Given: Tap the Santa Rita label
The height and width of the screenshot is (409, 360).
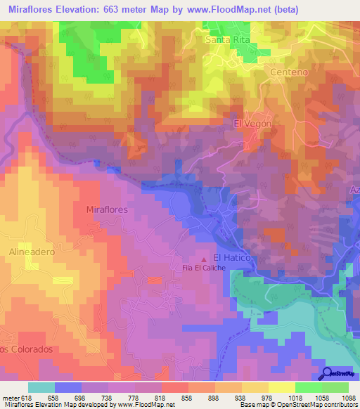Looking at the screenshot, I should [228, 40].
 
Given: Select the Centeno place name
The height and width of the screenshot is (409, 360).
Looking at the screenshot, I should [289, 72].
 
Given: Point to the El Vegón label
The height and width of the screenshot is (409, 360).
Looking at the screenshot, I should [252, 123].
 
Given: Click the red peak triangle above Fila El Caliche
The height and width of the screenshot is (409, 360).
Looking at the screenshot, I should [205, 259].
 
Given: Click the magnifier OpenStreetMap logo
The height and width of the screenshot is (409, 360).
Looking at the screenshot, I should [328, 374].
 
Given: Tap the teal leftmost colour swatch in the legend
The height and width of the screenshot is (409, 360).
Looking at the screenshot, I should [41, 387].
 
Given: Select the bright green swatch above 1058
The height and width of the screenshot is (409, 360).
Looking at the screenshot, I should [309, 387].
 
